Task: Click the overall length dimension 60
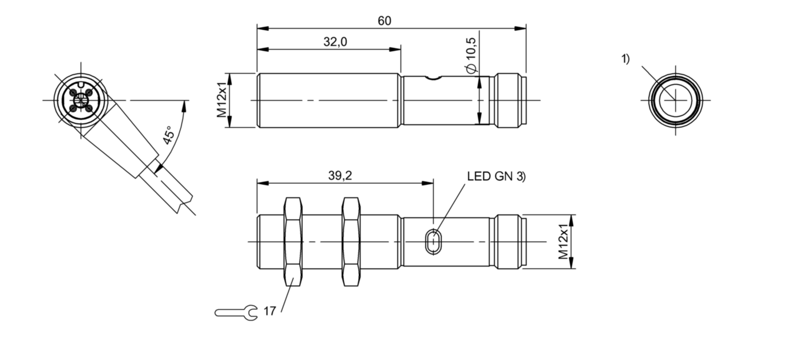[385, 21]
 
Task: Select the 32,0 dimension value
[335, 42]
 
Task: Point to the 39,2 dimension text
[340, 176]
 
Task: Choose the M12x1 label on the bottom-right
[564, 241]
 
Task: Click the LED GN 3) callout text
[496, 176]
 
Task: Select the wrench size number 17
[270, 312]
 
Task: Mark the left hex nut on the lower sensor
[293, 241]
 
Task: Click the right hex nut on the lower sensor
[350, 241]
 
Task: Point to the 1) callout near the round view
[626, 59]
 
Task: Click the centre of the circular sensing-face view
[676, 100]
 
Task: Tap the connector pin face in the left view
[80, 100]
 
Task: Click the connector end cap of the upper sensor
[510, 100]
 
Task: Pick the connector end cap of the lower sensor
[510, 241]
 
